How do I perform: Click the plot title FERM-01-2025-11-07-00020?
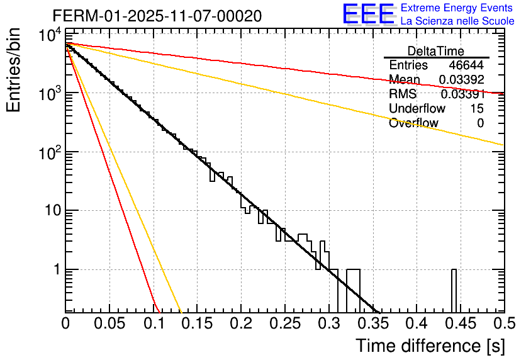[x=157, y=16]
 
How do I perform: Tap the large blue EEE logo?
[x=368, y=14]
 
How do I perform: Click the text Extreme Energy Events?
[x=457, y=8]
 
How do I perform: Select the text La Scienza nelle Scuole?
[x=457, y=21]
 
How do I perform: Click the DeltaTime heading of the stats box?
[x=436, y=51]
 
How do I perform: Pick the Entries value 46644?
[x=466, y=65]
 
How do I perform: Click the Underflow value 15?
[x=477, y=109]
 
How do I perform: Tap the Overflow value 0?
[x=480, y=123]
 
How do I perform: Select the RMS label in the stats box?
[x=403, y=94]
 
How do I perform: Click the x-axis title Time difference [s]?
[x=430, y=346]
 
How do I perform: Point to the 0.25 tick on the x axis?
[x=285, y=323]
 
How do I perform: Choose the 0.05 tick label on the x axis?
[x=109, y=323]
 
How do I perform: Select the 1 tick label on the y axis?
[x=55, y=269]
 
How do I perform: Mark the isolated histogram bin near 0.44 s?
[x=454, y=290]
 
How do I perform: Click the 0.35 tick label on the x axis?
[x=372, y=323]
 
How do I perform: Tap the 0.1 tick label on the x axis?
[x=154, y=323]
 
